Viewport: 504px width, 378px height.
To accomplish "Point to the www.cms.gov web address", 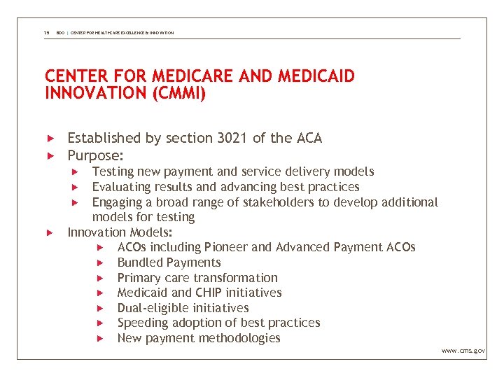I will tap(463, 350).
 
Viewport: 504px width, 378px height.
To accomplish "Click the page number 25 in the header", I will tap(46, 33).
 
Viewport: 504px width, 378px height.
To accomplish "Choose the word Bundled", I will tap(139, 262).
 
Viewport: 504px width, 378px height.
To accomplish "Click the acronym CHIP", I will tap(211, 293).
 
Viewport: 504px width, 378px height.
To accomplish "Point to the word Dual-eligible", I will tap(153, 308).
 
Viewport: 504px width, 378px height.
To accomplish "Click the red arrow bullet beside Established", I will tap(50, 139).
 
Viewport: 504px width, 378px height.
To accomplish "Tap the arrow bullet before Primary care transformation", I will tap(100, 278).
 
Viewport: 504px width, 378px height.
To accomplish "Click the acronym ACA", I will tap(308, 139).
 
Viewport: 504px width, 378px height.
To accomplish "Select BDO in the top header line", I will tap(61, 33).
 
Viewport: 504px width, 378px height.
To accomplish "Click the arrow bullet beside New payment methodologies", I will tap(100, 338).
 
